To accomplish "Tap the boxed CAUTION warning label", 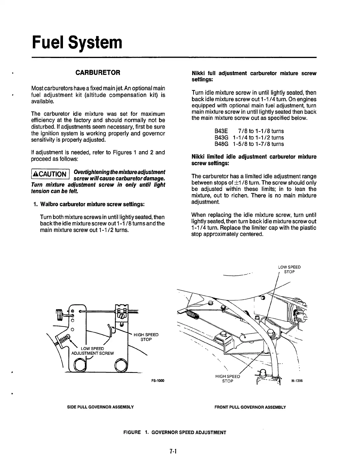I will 50,175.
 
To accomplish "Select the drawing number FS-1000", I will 158,381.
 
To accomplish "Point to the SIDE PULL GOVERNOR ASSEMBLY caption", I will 100,407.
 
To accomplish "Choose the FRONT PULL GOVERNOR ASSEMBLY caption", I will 250,407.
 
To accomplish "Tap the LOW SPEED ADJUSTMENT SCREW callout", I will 93,351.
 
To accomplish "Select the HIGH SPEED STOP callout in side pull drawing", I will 146,337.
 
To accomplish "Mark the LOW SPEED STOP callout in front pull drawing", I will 289,269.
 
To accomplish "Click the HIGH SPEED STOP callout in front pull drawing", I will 228,379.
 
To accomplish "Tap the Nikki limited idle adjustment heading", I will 254,160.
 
